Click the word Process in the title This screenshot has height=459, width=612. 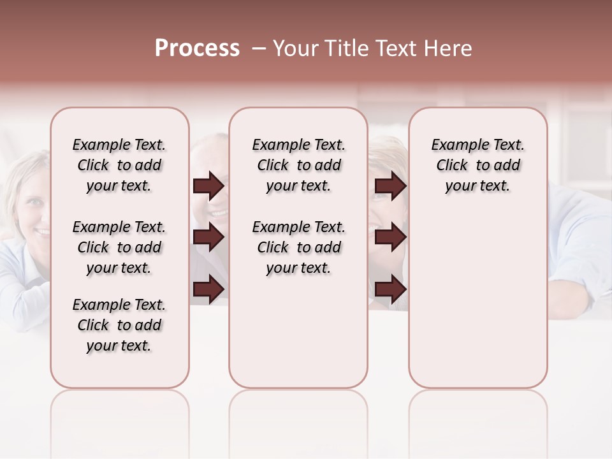coord(197,48)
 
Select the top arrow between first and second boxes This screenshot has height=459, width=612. coord(208,186)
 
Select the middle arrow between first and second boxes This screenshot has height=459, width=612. coord(208,238)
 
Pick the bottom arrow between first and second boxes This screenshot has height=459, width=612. coord(208,289)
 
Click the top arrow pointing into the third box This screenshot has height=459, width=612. coord(390,186)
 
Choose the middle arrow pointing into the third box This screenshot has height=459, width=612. coord(390,238)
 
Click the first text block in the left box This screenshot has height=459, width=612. coord(119,165)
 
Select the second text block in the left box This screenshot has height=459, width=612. coord(119,247)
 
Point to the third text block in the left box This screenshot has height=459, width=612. coord(119,325)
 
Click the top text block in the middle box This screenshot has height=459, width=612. coord(298,165)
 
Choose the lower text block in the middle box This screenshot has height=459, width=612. coord(298,247)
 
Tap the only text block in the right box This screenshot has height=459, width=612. coord(477,165)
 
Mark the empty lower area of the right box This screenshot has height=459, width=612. coord(477,300)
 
